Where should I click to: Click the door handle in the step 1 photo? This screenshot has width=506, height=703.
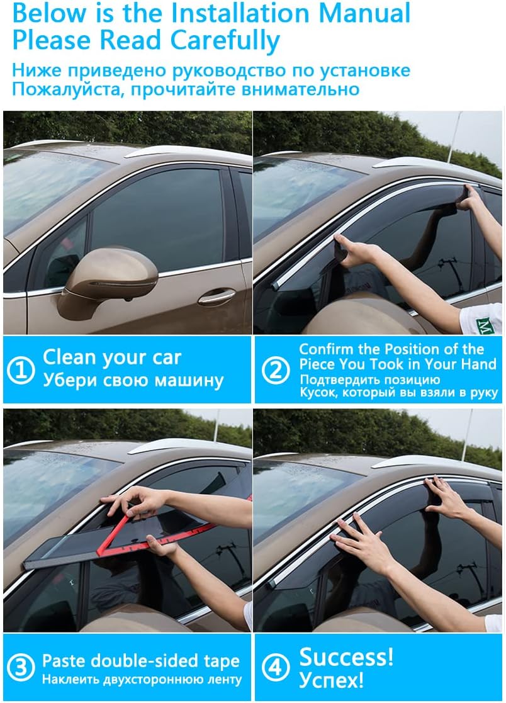[216, 296]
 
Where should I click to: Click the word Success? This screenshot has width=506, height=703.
[346, 656]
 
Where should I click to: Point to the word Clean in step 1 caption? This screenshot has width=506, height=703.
[69, 357]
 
